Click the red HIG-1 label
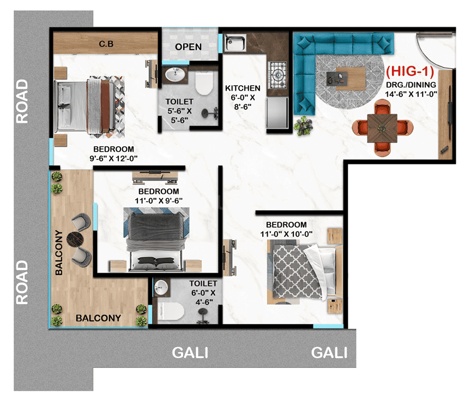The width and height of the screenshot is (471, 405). (x=410, y=72)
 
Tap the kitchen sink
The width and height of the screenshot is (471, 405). (x=235, y=43)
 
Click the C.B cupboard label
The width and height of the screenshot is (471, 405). (x=106, y=44)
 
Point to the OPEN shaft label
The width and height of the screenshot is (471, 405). (x=188, y=47)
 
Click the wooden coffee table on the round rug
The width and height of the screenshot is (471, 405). (x=350, y=79)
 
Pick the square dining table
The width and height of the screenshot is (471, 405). (x=382, y=128)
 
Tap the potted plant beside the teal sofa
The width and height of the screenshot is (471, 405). (x=304, y=126)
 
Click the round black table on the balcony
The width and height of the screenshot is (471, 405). (x=75, y=239)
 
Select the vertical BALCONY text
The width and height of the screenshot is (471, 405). (x=59, y=253)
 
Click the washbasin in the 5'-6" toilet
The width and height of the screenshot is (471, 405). (x=175, y=75)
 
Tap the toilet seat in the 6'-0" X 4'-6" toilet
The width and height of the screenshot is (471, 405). (x=171, y=312)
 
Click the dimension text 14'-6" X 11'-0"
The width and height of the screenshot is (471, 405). (x=411, y=94)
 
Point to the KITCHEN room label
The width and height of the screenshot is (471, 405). (x=243, y=88)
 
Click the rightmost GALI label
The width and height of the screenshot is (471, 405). (x=329, y=353)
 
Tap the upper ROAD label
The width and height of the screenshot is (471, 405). (x=22, y=102)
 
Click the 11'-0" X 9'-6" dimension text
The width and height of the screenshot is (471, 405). (x=159, y=201)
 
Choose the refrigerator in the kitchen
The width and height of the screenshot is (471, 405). (x=277, y=113)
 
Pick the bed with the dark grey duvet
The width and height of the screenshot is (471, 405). (x=156, y=239)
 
